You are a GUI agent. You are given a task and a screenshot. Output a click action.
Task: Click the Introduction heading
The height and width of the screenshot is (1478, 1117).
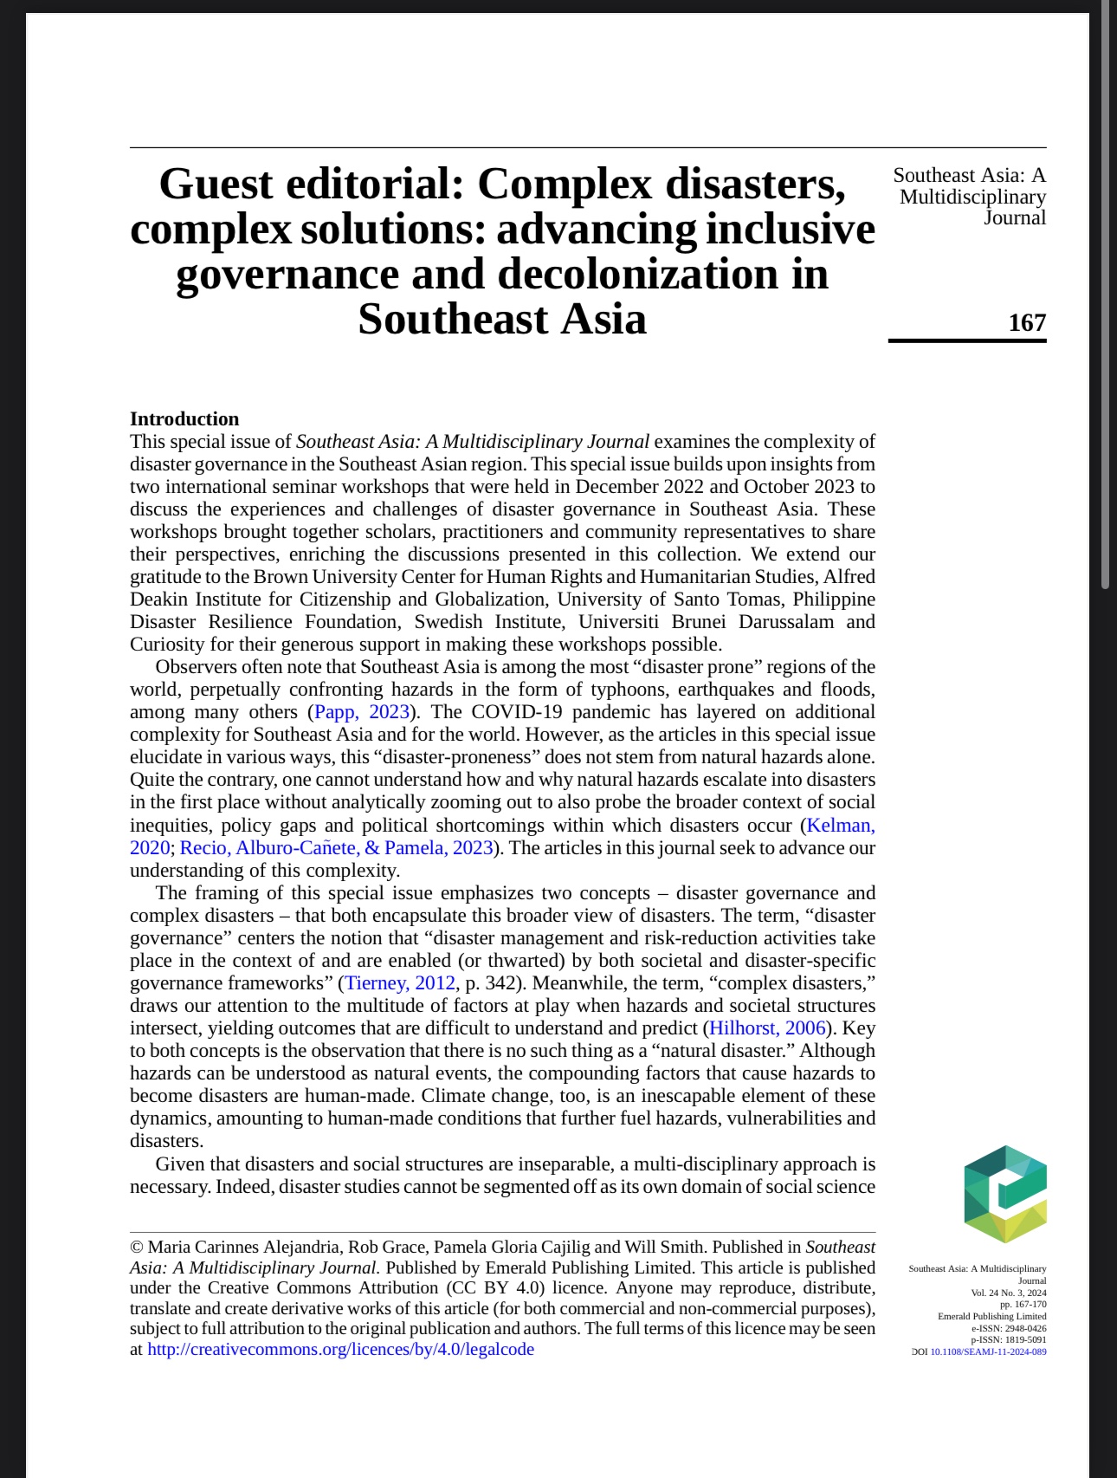click(x=184, y=419)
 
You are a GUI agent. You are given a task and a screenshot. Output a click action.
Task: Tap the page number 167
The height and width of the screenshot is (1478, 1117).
click(x=1027, y=322)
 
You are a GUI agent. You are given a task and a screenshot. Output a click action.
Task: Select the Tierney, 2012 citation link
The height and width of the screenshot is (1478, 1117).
click(x=400, y=983)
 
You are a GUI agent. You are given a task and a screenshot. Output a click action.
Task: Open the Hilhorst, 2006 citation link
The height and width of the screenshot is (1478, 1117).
click(x=767, y=1028)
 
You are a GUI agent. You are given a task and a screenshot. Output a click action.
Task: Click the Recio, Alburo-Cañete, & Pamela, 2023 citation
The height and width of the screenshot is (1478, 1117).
click(x=336, y=848)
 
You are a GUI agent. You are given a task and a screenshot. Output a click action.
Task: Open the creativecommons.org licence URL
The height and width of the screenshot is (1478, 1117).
click(x=340, y=1349)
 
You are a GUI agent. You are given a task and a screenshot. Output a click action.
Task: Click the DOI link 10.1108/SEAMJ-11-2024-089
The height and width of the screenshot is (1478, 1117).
click(x=988, y=1352)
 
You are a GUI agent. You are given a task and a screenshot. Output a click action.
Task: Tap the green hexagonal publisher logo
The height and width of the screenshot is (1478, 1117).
click(x=1004, y=1194)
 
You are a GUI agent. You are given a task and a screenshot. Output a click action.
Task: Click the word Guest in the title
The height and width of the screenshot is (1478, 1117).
click(x=216, y=185)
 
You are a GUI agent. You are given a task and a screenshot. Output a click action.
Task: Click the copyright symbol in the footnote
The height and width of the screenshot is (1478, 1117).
click(x=136, y=1248)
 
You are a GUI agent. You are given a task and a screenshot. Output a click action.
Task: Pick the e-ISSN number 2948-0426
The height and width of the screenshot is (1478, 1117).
click(x=1025, y=1328)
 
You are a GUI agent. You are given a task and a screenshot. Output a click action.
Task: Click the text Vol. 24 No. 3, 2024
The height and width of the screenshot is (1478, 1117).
click(x=1008, y=1293)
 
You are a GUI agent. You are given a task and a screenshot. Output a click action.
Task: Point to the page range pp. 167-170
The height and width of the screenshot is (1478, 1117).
click(x=1023, y=1304)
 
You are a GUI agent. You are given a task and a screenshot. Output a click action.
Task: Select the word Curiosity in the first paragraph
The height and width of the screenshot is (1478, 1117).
click(x=169, y=645)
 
